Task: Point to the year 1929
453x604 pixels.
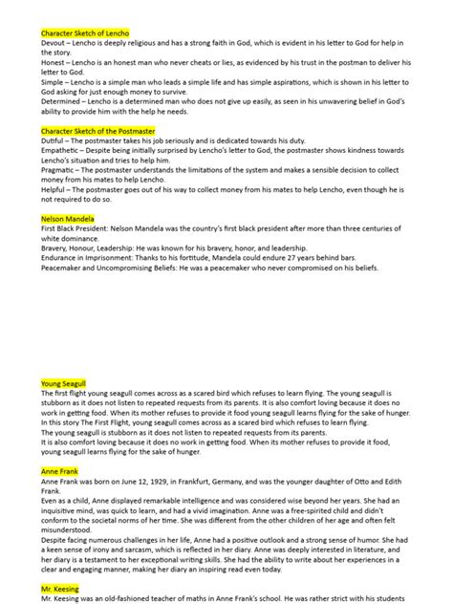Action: coord(172,483)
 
